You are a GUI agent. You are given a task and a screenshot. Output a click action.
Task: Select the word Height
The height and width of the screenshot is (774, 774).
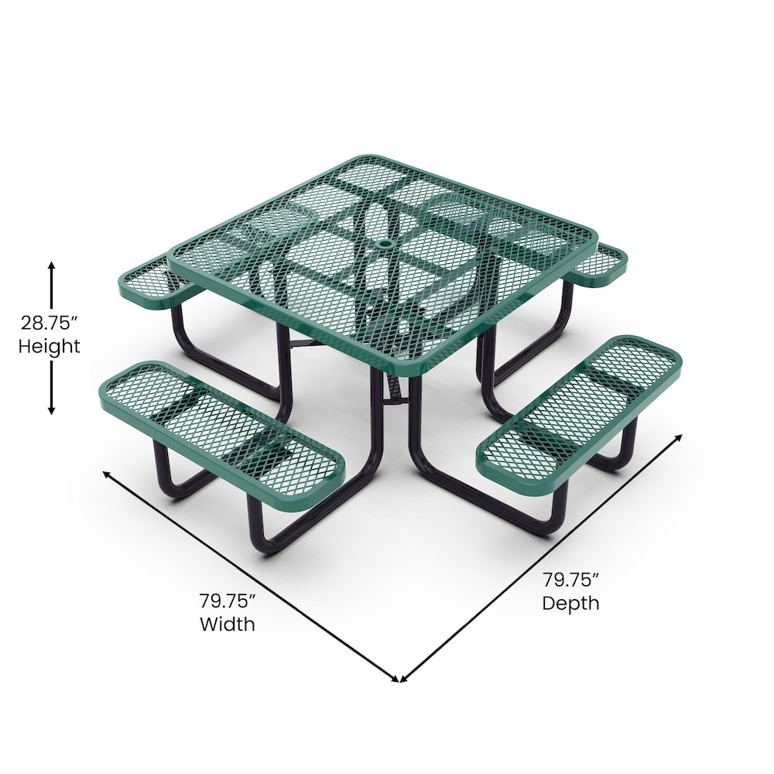click(x=50, y=346)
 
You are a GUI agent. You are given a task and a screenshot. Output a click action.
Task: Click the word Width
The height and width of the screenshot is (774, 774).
click(x=227, y=623)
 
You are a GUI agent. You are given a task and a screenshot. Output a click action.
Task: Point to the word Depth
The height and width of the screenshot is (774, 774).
click(x=570, y=602)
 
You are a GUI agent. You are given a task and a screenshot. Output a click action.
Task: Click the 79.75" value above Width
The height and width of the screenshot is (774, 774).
click(x=228, y=601)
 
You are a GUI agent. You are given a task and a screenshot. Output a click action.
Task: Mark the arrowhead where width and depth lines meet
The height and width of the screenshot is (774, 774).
click(x=399, y=680)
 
